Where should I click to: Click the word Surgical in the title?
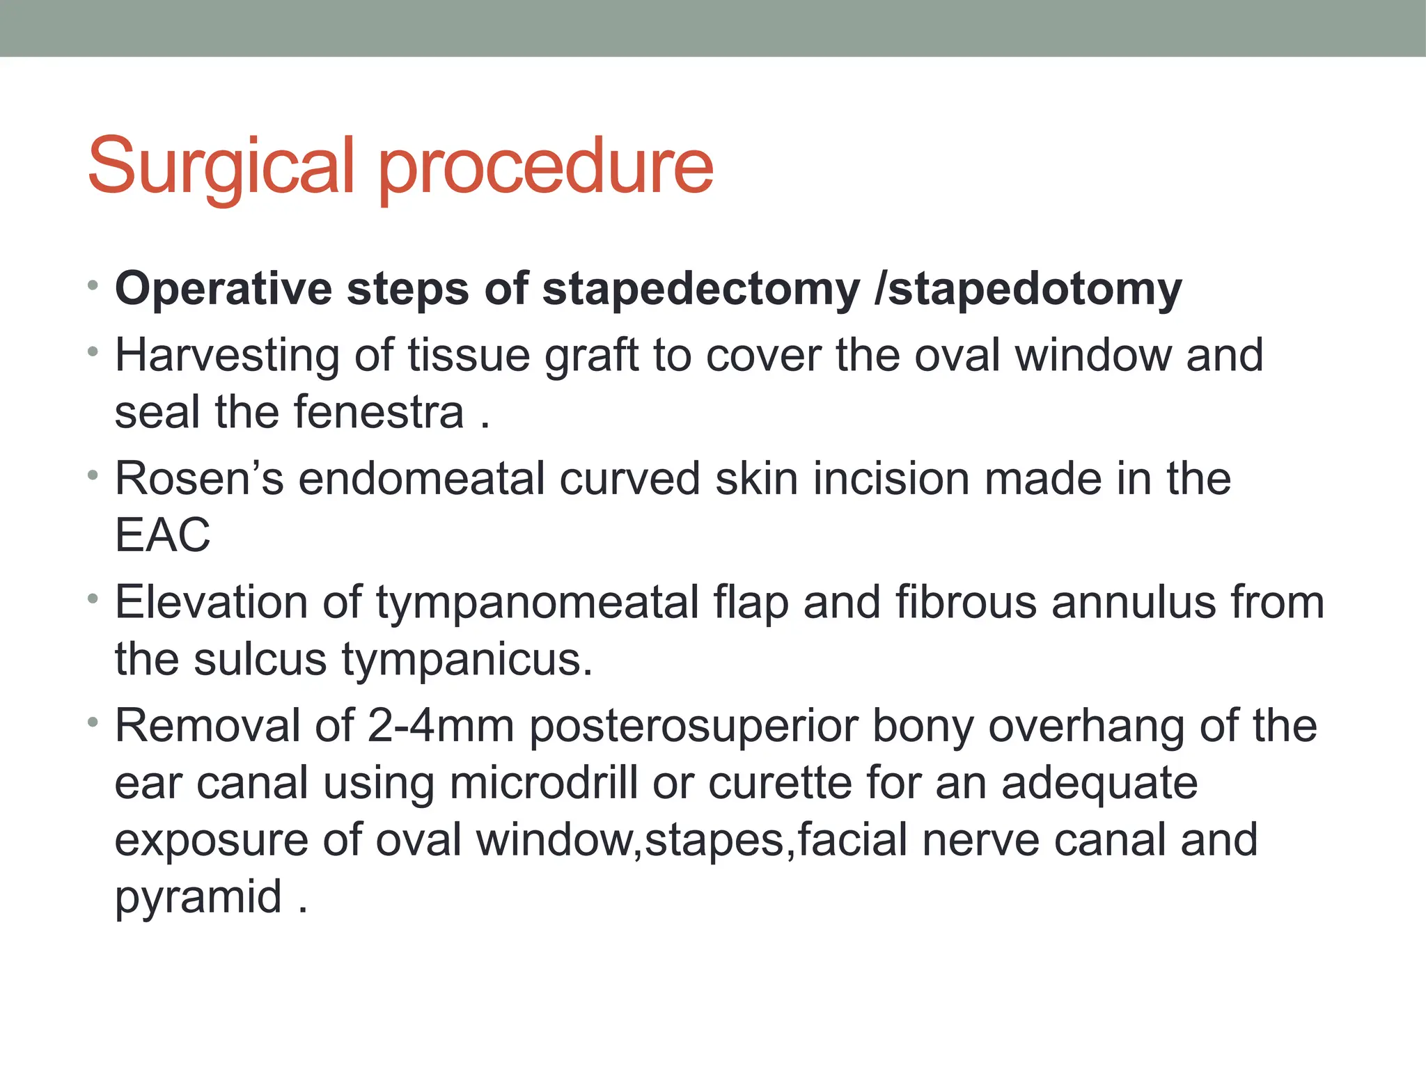221,167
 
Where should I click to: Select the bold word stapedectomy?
700,289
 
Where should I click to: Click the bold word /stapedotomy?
1028,289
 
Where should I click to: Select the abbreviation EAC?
162,535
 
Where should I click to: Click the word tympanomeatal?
537,602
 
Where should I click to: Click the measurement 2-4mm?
440,726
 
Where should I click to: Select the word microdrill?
543,783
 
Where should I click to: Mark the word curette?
780,783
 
